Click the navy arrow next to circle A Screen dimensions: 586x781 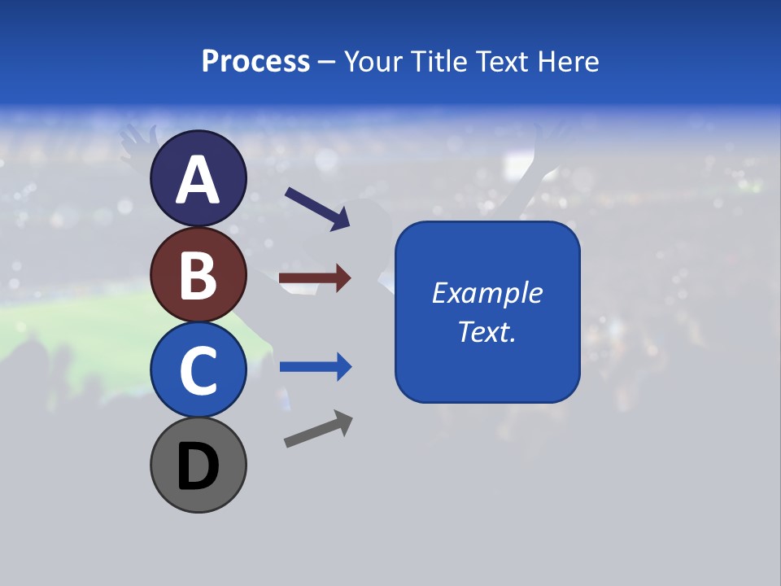316,208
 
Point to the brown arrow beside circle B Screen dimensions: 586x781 314,278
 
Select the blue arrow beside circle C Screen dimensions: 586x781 315,367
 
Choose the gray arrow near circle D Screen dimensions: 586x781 317,429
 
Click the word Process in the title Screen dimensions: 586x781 255,62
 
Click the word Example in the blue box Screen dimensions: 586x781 486,293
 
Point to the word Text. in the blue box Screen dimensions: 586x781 486,332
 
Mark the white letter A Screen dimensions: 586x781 198,180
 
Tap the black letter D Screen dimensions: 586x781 198,466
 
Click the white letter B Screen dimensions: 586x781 198,275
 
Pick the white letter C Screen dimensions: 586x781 198,370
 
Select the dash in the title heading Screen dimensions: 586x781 326,62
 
